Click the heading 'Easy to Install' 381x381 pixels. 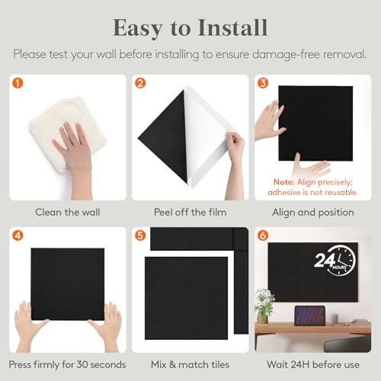tap(190, 27)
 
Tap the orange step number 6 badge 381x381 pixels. tap(263, 235)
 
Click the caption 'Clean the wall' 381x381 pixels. tap(67, 212)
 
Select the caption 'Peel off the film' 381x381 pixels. tap(190, 212)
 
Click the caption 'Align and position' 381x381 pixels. tap(315, 212)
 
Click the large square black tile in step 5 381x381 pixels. tap(187, 297)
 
